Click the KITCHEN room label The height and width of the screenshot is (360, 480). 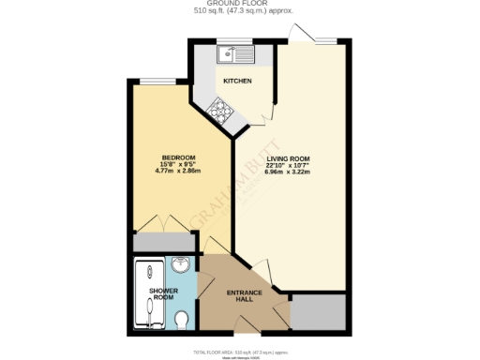point(236,82)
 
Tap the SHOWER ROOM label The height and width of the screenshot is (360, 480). point(163,294)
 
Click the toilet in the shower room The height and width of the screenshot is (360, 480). point(183,322)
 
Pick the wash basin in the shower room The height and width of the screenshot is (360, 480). point(181,265)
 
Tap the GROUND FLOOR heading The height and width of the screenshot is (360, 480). point(240,5)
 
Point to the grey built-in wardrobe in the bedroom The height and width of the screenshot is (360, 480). point(163,243)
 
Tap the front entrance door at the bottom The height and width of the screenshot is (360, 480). point(247,333)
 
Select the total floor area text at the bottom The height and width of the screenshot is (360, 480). point(240,350)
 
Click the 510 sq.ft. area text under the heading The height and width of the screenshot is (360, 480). point(240,13)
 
